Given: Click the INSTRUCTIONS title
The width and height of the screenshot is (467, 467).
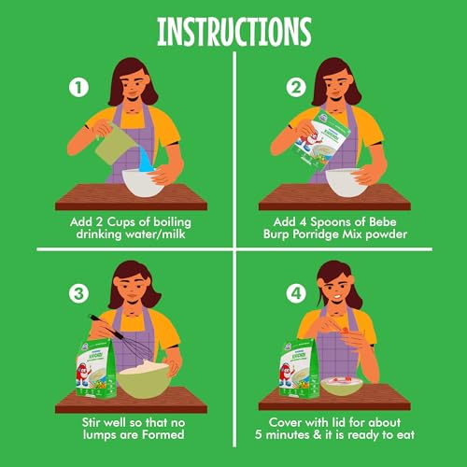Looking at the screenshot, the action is [234, 32].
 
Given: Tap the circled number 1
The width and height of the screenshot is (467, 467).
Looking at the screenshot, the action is [78, 88].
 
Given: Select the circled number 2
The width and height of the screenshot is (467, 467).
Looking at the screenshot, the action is [296, 88].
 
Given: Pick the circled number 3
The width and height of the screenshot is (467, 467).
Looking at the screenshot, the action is [78, 293].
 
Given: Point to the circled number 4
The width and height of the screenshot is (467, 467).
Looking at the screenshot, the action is [296, 293].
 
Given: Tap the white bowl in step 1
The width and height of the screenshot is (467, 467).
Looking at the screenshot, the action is [143, 182].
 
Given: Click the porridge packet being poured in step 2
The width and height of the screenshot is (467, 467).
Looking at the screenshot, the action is [319, 140].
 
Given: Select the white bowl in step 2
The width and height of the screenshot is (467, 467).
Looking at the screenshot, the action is [347, 182].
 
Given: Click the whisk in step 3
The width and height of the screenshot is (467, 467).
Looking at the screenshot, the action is [124, 338].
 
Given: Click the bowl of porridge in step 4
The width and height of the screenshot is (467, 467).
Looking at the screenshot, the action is [342, 386].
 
